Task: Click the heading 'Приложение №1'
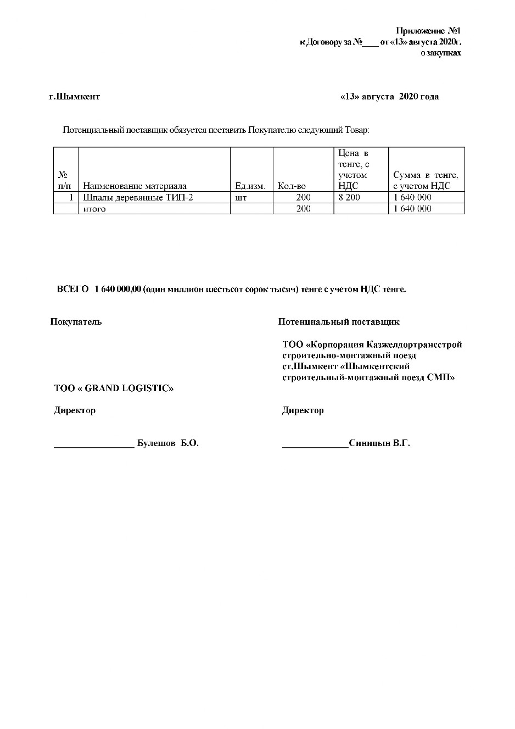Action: pos(428,31)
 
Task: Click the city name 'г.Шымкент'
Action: pos(75,97)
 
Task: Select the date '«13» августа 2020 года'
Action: pos(389,97)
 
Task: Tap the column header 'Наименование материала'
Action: pos(135,186)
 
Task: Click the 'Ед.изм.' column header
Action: pos(250,186)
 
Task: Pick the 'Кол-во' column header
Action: pos(292,186)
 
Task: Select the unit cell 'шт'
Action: pos(240,197)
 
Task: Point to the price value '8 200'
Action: pos(349,197)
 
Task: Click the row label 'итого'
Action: pos(94,209)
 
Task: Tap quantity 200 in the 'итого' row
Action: pos(303,209)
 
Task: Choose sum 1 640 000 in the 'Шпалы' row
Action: pos(412,197)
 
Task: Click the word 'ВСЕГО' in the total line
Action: pos(72,290)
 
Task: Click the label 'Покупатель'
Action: pos(76,322)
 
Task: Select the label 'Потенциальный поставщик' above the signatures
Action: pos(339,322)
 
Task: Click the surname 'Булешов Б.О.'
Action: pos(167,443)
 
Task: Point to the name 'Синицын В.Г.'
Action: pos(379,443)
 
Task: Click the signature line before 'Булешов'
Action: pos(94,447)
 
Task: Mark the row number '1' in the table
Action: pos(71,197)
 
